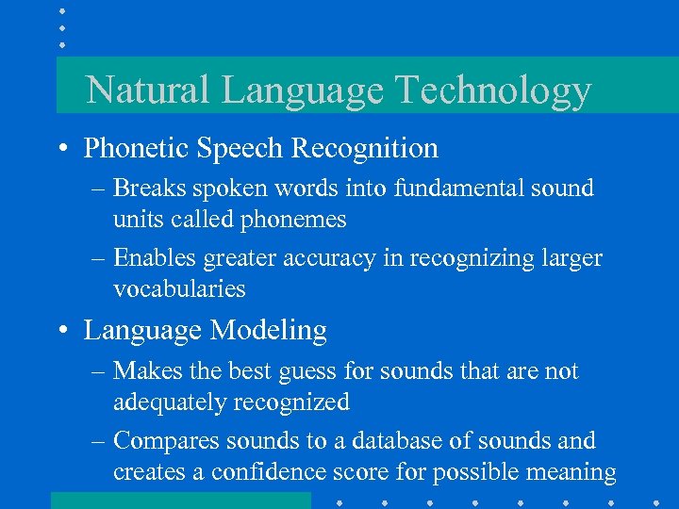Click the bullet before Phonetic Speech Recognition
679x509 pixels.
(x=61, y=149)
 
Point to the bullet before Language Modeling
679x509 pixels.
(x=61, y=331)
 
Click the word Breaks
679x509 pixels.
(x=151, y=189)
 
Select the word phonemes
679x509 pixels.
(x=294, y=220)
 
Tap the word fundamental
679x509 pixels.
(x=466, y=189)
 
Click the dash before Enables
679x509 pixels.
(x=99, y=258)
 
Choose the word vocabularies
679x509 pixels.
(x=178, y=289)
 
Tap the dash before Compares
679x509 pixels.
(x=99, y=441)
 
